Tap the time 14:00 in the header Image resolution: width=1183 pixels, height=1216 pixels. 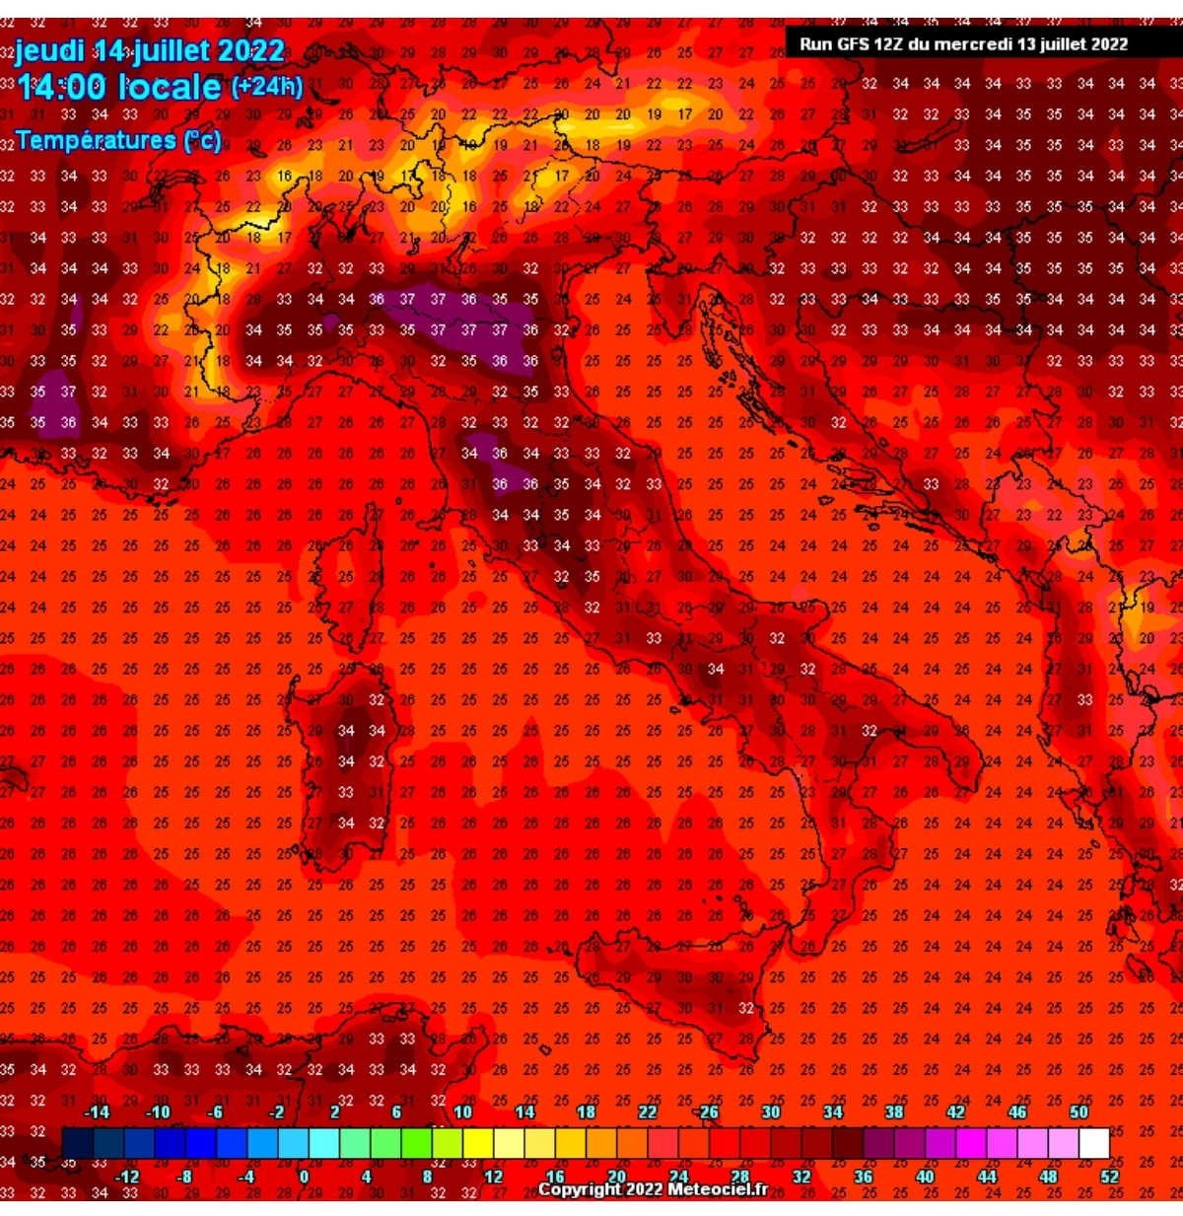click(x=61, y=87)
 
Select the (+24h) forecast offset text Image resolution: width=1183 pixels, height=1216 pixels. click(x=267, y=87)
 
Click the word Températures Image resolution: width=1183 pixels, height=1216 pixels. click(x=96, y=140)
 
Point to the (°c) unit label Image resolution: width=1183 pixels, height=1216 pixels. click(x=202, y=140)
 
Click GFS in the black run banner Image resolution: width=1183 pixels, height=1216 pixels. click(x=855, y=43)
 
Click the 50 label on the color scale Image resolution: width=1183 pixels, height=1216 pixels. click(x=1079, y=1111)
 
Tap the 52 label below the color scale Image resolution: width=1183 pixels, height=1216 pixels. click(x=1110, y=1176)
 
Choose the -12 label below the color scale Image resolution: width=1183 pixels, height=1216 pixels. click(x=126, y=1176)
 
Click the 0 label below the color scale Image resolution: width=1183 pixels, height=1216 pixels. click(x=304, y=1176)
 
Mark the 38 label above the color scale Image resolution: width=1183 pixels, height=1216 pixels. click(x=894, y=1111)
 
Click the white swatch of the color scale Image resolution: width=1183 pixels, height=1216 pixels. click(x=1094, y=1143)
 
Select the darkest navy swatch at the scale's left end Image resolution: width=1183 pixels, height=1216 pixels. click(x=77, y=1143)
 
